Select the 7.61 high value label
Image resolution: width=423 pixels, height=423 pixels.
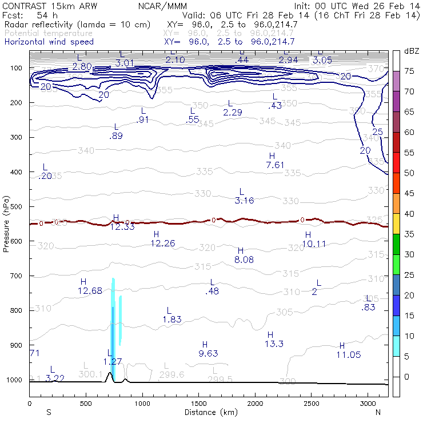275,165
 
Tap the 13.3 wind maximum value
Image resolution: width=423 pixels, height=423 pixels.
274,344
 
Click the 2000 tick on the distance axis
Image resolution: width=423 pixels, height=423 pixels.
254,404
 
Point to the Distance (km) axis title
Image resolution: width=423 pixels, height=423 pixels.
207,412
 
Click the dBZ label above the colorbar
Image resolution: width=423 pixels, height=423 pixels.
412,51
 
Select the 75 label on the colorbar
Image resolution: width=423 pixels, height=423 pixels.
410,71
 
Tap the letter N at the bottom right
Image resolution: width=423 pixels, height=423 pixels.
377,412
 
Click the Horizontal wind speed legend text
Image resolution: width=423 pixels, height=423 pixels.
49,42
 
